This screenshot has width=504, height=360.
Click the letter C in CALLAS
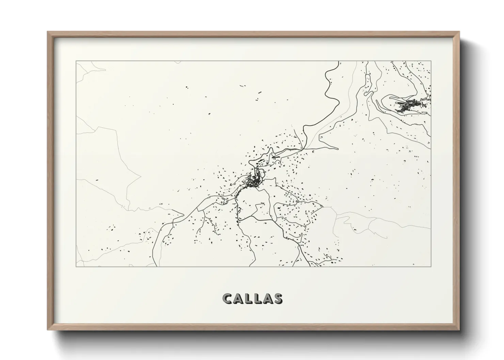tap(227, 299)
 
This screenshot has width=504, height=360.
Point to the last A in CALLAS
tap(268, 299)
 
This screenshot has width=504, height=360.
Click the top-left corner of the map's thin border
tap(76, 61)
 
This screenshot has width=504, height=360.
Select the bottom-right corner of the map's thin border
tap(431, 266)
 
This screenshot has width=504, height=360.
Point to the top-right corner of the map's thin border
tap(431, 61)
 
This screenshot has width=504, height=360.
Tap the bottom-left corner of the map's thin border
tap(76, 266)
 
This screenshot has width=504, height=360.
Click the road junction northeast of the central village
tap(303, 149)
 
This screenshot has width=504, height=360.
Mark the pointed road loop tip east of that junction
tap(338, 149)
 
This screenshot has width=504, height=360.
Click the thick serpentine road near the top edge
tap(329, 85)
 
